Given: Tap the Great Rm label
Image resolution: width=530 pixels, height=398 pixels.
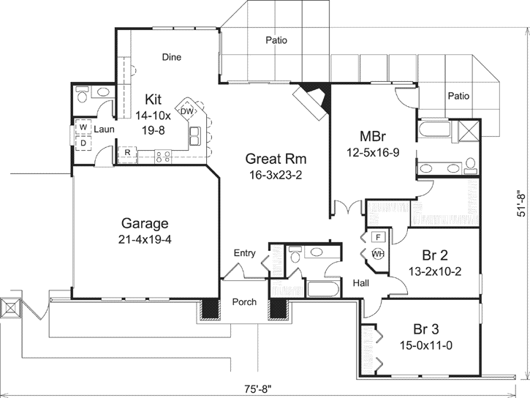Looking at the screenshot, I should click(275, 159).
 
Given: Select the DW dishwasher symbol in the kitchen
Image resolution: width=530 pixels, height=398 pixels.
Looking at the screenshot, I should click(186, 111).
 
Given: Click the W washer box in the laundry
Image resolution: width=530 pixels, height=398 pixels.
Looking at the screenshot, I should click(83, 127).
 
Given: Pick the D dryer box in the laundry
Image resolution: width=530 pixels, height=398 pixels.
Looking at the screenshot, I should click(83, 142).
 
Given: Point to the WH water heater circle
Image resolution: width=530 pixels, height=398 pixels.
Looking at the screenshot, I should click(378, 254).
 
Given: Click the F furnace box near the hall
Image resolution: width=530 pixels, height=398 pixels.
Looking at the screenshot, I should click(378, 237).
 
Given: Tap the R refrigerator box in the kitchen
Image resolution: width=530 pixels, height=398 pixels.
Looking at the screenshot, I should click(127, 153).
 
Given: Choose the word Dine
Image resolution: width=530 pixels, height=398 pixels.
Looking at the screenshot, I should click(171, 57).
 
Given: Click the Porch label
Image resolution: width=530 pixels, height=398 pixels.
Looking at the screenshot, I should click(244, 302).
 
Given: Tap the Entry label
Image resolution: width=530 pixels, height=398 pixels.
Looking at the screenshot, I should click(244, 254).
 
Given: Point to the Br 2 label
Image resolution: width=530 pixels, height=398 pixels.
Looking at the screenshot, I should click(434, 255).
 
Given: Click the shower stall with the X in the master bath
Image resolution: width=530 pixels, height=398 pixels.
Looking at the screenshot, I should click(468, 131).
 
